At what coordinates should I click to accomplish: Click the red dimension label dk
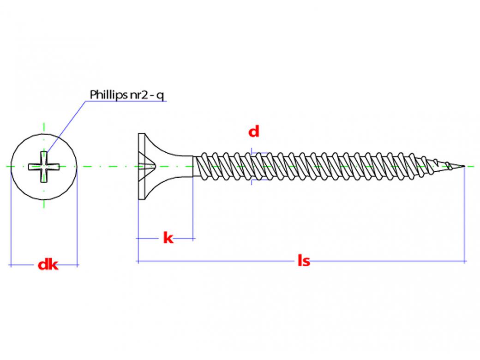(48, 264)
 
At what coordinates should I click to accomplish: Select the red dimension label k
(168, 238)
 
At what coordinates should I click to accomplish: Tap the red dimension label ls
(303, 261)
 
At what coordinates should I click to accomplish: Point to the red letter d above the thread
(254, 132)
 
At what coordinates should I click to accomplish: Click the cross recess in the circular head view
(44, 165)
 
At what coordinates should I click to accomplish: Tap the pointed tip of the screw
(462, 165)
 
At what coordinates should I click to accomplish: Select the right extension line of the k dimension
(192, 208)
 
